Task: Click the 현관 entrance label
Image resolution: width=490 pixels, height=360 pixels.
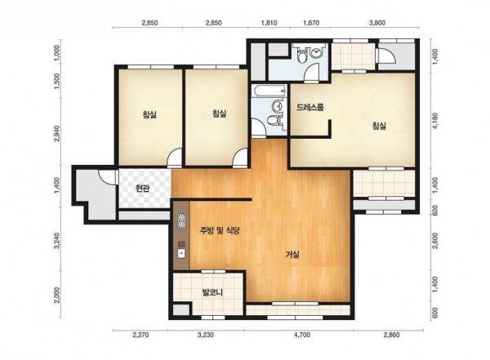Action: point(142,188)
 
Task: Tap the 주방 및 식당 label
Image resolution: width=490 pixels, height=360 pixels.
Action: point(220,231)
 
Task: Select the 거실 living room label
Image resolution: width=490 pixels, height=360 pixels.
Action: point(292,255)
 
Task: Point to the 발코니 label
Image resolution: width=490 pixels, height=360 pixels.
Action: point(212,293)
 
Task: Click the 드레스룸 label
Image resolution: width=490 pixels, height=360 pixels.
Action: point(310,108)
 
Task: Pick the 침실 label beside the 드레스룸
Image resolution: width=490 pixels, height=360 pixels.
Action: point(379,126)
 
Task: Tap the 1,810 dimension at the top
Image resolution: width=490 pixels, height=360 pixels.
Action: point(269,23)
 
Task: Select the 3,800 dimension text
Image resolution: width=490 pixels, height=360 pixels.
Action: point(377,23)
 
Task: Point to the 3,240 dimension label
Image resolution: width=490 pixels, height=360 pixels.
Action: point(57,241)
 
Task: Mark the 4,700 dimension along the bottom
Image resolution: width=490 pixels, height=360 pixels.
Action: point(302,336)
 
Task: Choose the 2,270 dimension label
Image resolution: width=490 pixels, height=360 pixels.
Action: point(140,336)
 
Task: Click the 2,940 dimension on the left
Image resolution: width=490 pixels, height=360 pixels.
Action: point(56,133)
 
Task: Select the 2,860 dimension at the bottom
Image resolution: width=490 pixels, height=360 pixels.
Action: point(391,336)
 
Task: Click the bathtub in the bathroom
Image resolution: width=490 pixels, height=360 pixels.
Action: point(269,91)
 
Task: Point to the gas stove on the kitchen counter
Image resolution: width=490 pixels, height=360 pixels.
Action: point(181,221)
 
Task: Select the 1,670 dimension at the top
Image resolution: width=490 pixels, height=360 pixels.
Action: point(311,23)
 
